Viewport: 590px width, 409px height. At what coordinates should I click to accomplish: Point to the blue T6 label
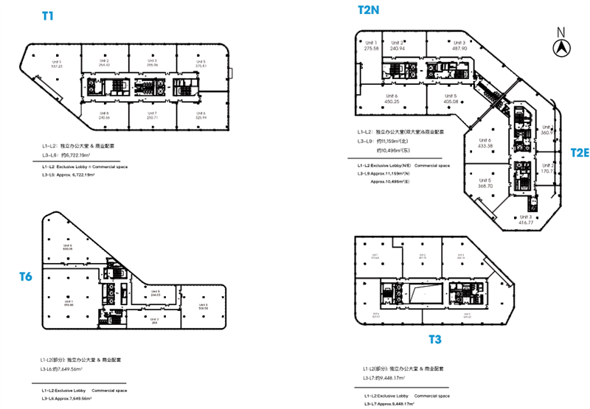[x=26, y=276]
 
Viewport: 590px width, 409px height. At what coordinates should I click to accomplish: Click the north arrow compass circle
[x=561, y=46]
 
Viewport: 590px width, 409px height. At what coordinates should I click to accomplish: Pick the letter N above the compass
[x=561, y=31]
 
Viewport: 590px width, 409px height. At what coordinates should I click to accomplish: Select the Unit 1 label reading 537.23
[x=55, y=63]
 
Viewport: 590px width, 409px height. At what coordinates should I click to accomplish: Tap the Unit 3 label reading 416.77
[x=525, y=220]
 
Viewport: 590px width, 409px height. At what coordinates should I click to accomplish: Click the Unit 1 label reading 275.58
[x=371, y=45]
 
